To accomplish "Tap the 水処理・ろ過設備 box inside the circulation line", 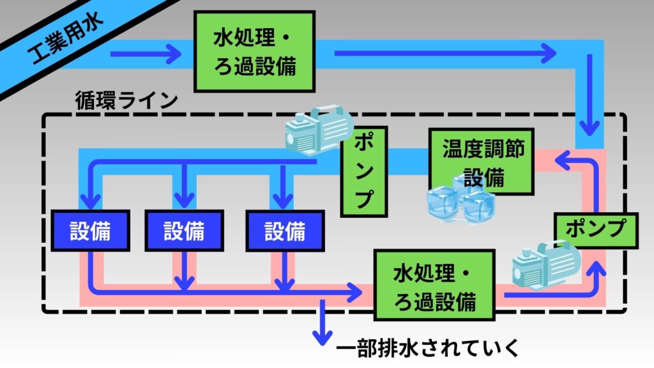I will pyautogui.click(x=435, y=285).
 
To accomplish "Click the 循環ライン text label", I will pyautogui.click(x=125, y=100).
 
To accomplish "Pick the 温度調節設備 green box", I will pyautogui.click(x=481, y=162).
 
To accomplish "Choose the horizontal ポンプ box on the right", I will pyautogui.click(x=595, y=229).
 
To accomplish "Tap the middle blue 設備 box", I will pyautogui.click(x=184, y=230).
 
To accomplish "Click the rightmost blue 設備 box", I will pyautogui.click(x=284, y=230).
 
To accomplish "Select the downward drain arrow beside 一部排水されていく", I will pyautogui.click(x=323, y=323).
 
